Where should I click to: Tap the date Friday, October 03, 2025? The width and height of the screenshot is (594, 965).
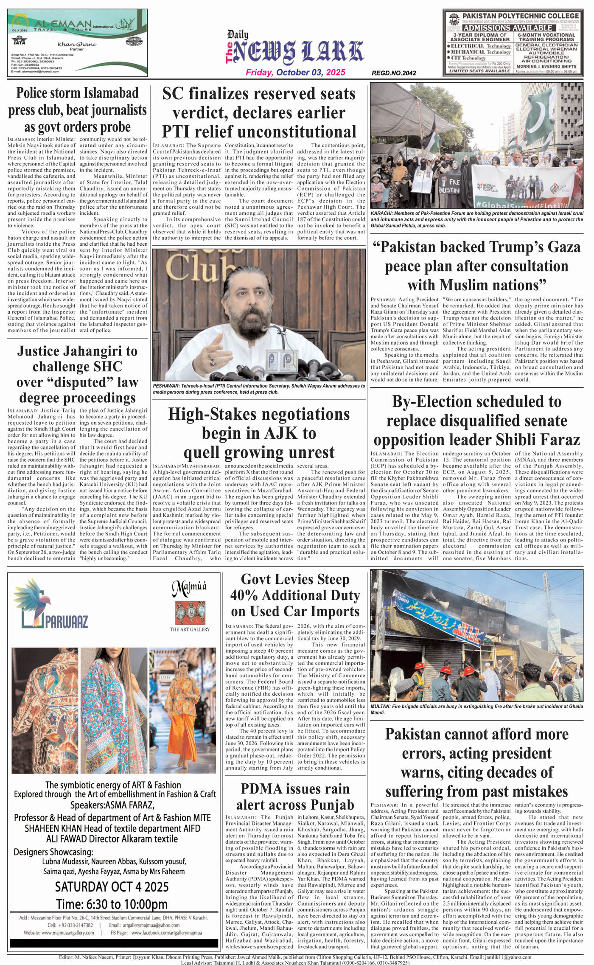(x=296, y=73)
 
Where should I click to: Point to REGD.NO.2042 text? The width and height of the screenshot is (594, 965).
(x=394, y=73)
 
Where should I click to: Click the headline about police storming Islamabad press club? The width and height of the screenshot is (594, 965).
(x=77, y=109)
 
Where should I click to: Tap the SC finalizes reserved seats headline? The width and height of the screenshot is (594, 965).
(x=259, y=112)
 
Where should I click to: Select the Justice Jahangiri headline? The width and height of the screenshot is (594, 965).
(x=77, y=374)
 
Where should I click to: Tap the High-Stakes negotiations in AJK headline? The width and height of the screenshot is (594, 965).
(x=259, y=433)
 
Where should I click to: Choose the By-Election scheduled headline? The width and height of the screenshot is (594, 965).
(x=476, y=421)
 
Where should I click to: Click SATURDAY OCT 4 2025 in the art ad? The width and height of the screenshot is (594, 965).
(x=112, y=886)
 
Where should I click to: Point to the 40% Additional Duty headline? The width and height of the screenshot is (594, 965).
(x=295, y=595)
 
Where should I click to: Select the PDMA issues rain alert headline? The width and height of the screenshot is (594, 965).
(x=295, y=797)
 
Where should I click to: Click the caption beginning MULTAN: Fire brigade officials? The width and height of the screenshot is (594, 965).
(x=476, y=709)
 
